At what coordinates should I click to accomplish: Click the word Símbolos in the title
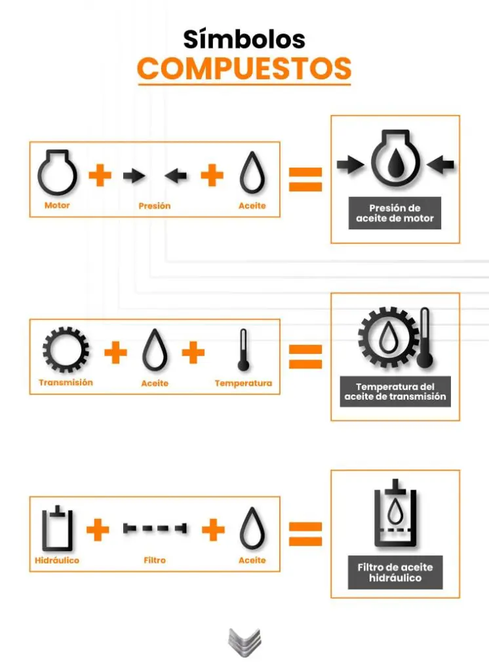point(244,39)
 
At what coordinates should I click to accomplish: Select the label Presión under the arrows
point(155,206)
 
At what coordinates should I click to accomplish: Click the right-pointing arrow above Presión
point(134,176)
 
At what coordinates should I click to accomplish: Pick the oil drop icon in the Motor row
point(252,172)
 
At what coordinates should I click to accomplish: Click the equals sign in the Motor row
point(305,180)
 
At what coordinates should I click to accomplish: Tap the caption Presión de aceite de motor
point(395,213)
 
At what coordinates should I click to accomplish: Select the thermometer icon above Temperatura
point(243,350)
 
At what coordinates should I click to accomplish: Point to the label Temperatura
point(243,383)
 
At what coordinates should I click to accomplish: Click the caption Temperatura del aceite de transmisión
point(395,392)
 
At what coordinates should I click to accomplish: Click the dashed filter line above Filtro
point(155,529)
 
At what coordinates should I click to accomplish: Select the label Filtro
point(155,560)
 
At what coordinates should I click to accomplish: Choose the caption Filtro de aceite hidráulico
point(395,573)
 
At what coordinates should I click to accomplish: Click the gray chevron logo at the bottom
point(244,642)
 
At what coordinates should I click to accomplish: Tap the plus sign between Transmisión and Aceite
point(115,353)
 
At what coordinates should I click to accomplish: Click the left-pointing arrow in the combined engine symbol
point(440,164)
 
